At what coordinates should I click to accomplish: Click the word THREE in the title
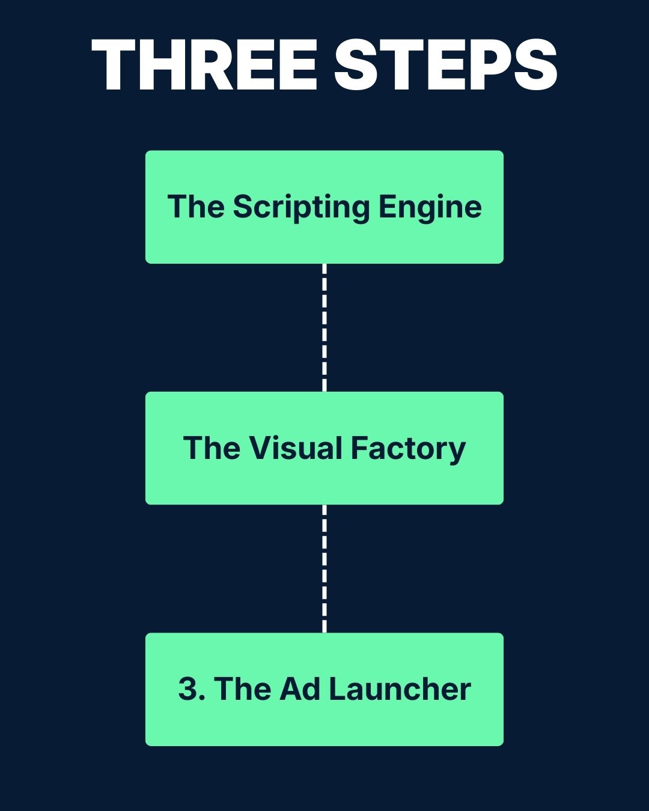[x=205, y=65]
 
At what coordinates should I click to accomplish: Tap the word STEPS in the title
[x=445, y=65]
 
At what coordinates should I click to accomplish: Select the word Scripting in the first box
[x=301, y=208]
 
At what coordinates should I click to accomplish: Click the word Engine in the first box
[x=430, y=208]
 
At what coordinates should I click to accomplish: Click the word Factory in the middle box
[x=408, y=449]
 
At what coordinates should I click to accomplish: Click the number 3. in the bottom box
[x=192, y=689]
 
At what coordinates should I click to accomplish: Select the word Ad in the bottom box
[x=300, y=689]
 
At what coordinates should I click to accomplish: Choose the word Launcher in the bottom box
[x=400, y=689]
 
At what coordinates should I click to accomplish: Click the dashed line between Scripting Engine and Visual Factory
[x=324, y=327]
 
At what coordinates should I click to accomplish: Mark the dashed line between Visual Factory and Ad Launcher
[x=324, y=568]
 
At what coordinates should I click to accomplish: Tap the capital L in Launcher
[x=337, y=689]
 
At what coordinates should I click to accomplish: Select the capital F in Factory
[x=358, y=448]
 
